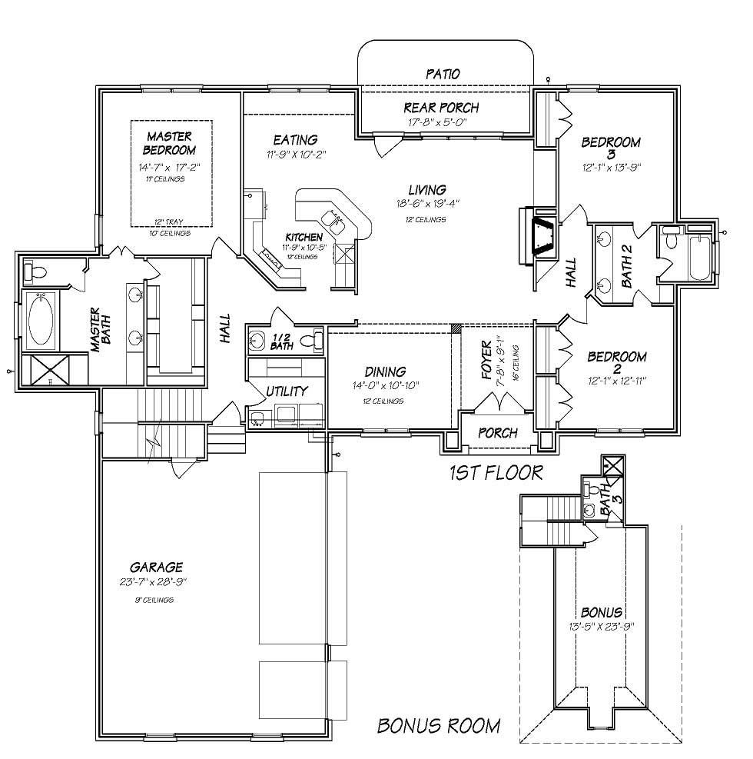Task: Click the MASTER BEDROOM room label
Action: [171, 143]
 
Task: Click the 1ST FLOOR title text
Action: [496, 472]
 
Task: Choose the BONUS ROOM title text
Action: [439, 725]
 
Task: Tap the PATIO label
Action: [443, 74]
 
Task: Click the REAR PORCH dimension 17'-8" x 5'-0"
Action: [438, 122]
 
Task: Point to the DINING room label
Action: [386, 372]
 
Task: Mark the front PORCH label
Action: [498, 433]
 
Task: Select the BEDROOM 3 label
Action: [611, 148]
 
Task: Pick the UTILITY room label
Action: [286, 391]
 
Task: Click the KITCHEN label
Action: [304, 237]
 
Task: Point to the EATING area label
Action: [295, 140]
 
